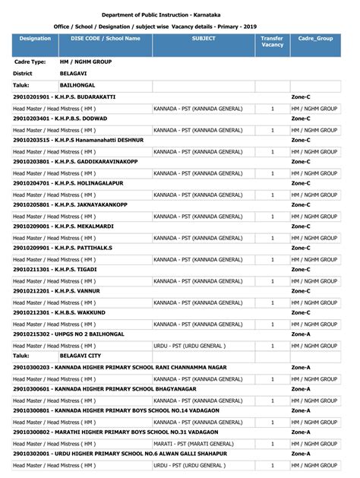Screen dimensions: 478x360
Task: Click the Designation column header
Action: pyautogui.click(x=34, y=38)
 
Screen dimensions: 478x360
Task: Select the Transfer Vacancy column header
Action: pyautogui.click(x=272, y=42)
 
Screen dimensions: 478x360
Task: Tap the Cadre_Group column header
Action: pyautogui.click(x=315, y=38)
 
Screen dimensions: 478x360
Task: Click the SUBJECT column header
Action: pyautogui.click(x=204, y=38)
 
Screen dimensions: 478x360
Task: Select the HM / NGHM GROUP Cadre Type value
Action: pyautogui.click(x=87, y=62)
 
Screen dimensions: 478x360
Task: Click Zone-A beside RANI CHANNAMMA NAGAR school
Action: pyautogui.click(x=301, y=367)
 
